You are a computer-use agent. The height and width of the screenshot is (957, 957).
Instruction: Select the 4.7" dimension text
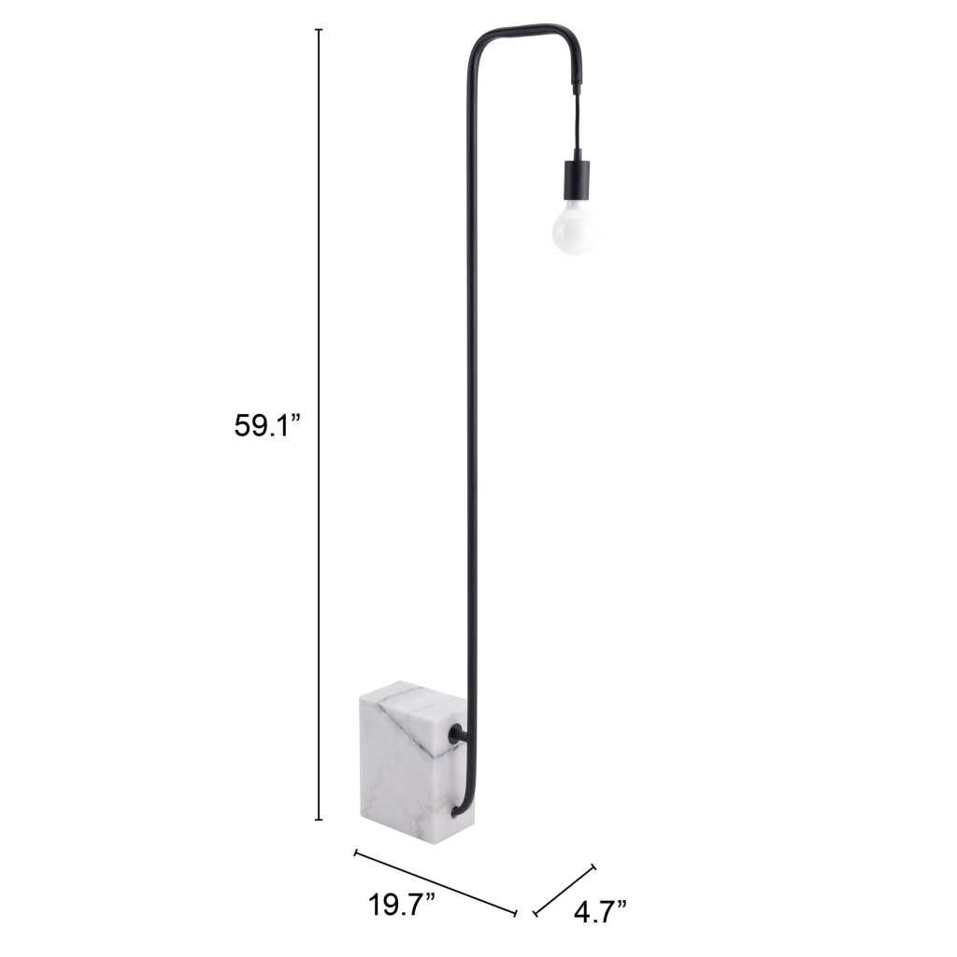click(x=600, y=909)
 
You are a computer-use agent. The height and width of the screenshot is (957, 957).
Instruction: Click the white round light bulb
click(x=574, y=228)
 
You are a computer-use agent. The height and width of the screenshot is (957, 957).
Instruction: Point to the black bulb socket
click(x=576, y=179)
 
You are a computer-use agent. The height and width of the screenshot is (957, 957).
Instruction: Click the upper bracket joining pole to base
click(x=458, y=736)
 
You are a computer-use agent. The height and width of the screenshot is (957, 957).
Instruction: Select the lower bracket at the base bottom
click(x=457, y=809)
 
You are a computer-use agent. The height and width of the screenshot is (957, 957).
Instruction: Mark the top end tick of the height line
click(x=319, y=30)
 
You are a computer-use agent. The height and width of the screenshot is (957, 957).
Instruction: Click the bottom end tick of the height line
click(x=319, y=820)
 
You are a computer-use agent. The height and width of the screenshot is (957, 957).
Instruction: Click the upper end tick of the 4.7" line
click(x=593, y=866)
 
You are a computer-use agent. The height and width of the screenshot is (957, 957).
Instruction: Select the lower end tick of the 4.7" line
click(x=535, y=913)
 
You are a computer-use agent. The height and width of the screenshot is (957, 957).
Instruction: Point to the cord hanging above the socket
click(x=576, y=122)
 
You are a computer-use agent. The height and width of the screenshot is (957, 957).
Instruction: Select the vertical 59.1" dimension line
click(x=319, y=280)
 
